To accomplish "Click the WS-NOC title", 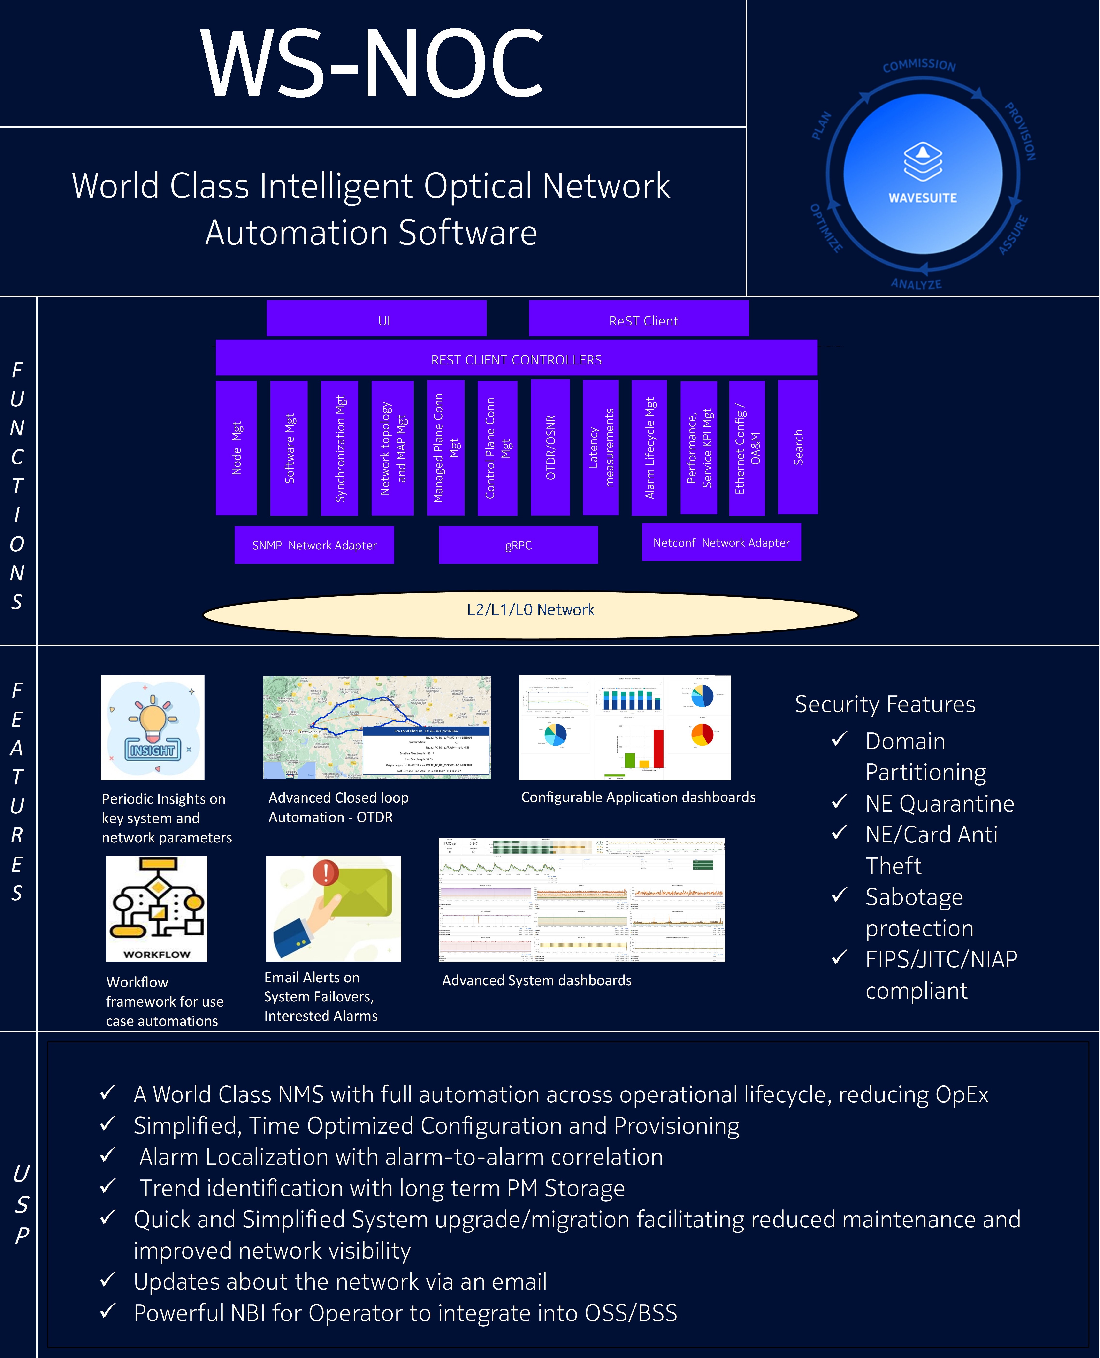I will tap(372, 63).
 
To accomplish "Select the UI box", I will tap(376, 319).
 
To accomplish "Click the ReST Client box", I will tap(639, 319).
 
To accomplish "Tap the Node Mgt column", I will tap(236, 448).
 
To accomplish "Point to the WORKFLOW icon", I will tap(157, 908).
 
